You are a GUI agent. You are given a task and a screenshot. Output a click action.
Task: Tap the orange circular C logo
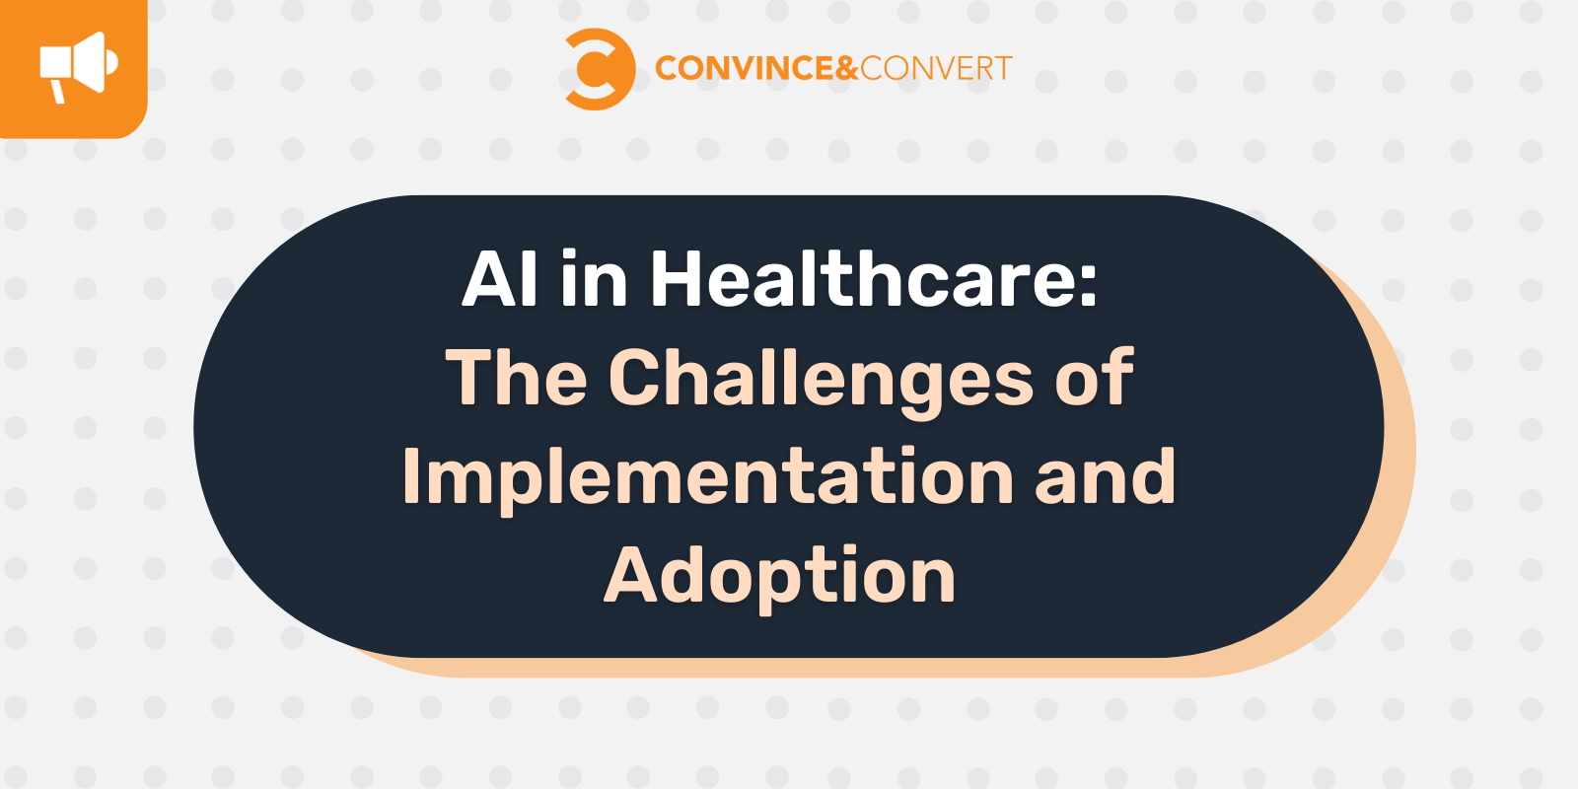click(x=598, y=69)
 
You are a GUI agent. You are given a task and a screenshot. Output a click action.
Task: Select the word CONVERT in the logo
click(x=936, y=68)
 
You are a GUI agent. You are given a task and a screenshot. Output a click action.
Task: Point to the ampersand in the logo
click(x=847, y=68)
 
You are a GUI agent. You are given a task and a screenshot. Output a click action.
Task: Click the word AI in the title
click(x=501, y=279)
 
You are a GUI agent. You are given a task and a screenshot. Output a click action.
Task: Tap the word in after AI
click(x=594, y=279)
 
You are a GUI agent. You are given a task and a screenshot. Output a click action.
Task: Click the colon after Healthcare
click(x=1088, y=283)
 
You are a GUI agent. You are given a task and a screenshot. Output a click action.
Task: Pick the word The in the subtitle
click(x=516, y=378)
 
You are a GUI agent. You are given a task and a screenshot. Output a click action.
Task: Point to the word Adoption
click(x=779, y=577)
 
